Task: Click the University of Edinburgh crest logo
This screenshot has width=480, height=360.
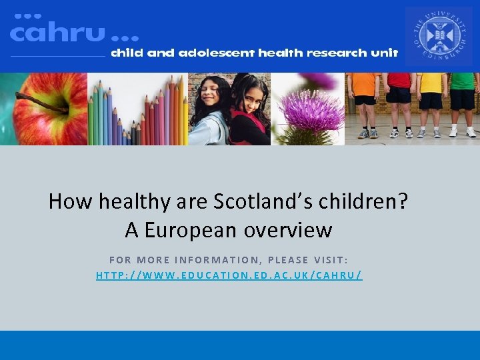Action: pyautogui.click(x=438, y=37)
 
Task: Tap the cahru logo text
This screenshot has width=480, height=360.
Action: pyautogui.click(x=57, y=33)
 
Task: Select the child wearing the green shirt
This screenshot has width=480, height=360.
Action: pyautogui.click(x=462, y=100)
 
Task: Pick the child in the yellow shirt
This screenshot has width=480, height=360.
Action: pyautogui.click(x=431, y=100)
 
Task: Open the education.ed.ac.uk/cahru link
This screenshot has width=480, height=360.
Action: pyautogui.click(x=229, y=275)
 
